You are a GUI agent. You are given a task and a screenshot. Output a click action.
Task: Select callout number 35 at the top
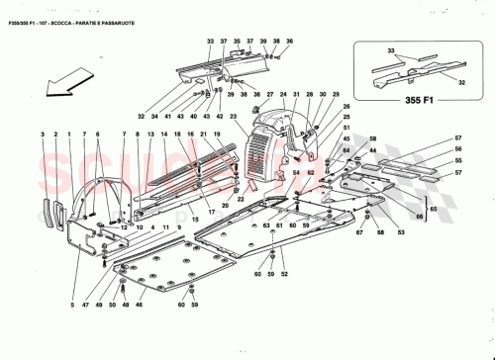[x=249, y=41]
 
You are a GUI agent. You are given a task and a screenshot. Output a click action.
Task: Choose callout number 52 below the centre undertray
[x=284, y=273]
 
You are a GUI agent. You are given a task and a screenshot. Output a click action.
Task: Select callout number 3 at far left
[x=43, y=133]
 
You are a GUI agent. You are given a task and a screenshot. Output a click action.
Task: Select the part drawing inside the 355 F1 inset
[x=410, y=69]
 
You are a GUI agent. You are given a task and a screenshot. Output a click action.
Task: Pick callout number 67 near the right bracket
[x=360, y=234]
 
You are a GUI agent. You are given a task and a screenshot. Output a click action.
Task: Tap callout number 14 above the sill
[x=164, y=133]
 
